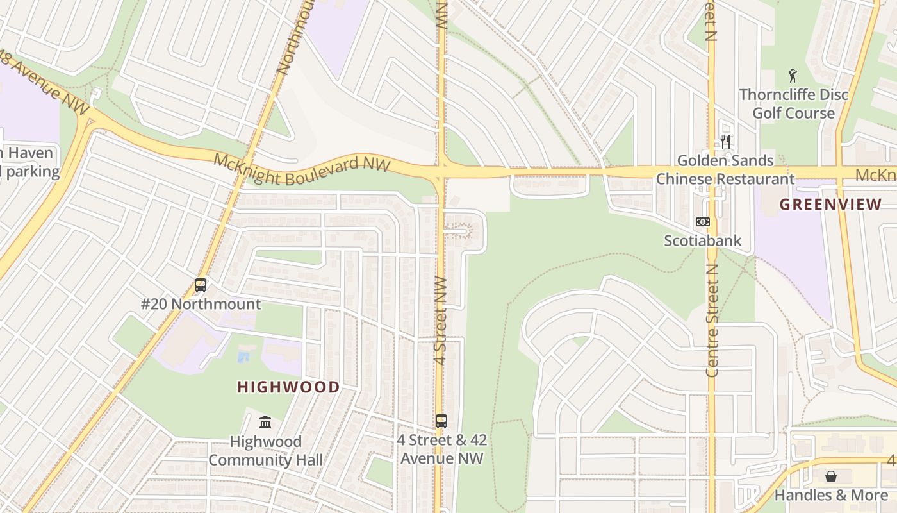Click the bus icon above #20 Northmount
coord(201,285)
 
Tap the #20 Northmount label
coord(201,304)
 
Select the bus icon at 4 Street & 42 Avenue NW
coord(441,421)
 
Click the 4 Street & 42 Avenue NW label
coord(441,450)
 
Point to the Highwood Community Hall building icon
coord(265,422)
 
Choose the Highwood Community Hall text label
coord(265,451)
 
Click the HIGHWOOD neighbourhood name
coord(288,387)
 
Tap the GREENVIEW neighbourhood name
coord(830,205)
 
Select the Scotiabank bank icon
coord(703,222)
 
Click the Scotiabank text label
coord(703,241)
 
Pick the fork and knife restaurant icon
coord(725,141)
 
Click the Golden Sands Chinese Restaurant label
coord(725,170)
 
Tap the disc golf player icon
coord(793,75)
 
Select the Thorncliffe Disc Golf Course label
coord(793,104)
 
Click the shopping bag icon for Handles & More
coord(831,476)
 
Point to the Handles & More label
coord(831,495)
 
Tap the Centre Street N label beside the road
coord(712,327)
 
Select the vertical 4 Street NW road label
coord(440,321)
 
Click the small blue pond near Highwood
coord(243,357)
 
